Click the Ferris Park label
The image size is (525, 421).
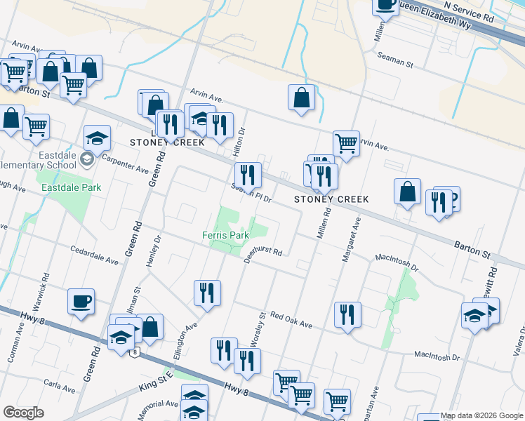[x=226, y=235]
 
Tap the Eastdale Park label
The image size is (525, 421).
[x=72, y=187]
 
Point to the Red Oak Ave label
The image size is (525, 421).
[x=291, y=320]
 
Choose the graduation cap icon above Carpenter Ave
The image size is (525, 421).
[x=97, y=138]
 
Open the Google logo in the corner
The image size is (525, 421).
[x=24, y=413]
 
